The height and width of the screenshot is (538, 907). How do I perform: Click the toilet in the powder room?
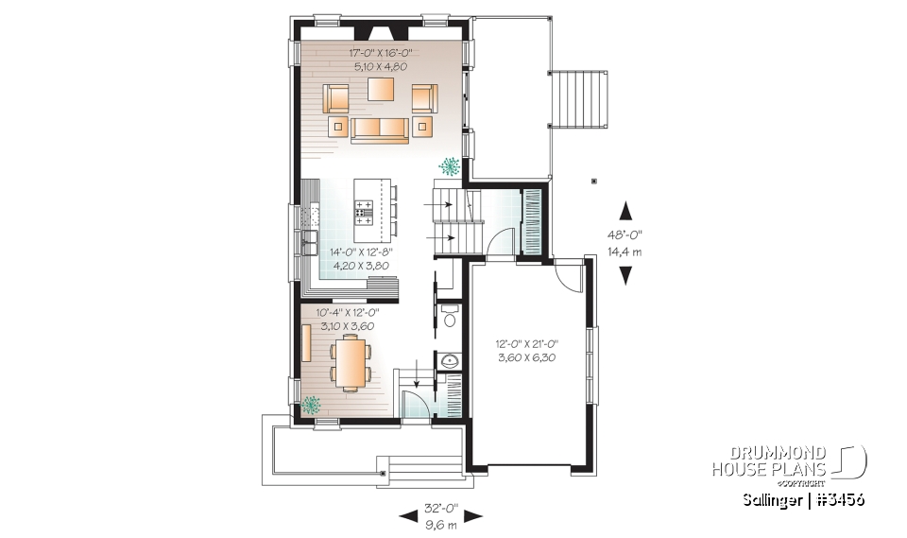point(450,315)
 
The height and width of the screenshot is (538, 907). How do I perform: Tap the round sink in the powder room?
point(449,360)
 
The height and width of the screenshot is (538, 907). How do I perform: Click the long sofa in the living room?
point(380,129)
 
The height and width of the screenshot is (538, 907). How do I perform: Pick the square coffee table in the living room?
point(381,90)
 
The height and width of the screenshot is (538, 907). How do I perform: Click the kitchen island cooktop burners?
point(364,212)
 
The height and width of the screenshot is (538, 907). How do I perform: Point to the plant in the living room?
point(450,166)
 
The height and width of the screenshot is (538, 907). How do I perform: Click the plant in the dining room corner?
point(311,405)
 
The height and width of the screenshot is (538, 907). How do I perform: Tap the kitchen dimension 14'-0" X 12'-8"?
point(360,252)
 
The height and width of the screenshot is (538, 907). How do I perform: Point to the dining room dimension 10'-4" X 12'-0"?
point(344,313)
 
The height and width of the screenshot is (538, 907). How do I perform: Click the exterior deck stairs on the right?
point(575,104)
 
